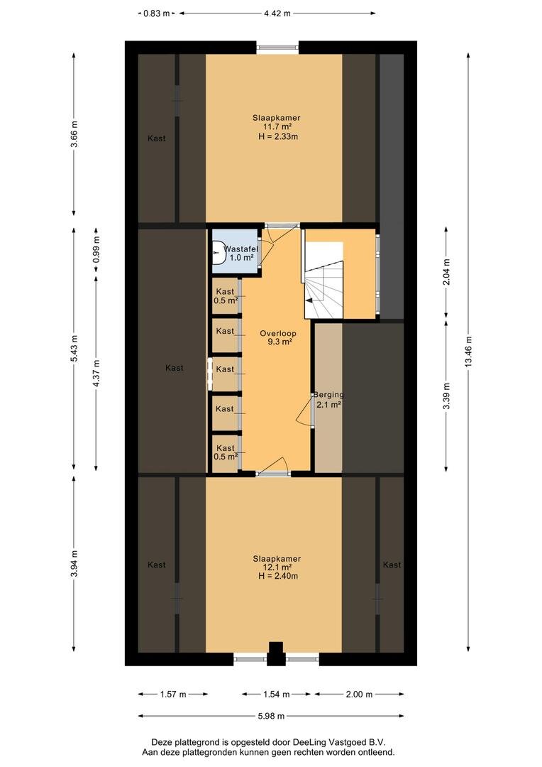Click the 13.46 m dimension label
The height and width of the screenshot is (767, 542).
click(469, 352)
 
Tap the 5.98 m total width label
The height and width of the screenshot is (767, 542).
click(271, 716)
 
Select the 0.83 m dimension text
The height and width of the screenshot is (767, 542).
click(156, 13)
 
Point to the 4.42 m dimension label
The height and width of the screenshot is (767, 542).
click(277, 13)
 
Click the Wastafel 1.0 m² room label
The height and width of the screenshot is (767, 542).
click(240, 254)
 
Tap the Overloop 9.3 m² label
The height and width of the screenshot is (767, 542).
click(278, 338)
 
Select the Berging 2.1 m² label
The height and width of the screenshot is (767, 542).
click(328, 399)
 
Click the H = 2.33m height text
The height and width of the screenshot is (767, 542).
click(277, 136)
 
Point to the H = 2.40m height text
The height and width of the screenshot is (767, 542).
click(277, 576)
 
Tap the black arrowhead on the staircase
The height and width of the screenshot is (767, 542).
click(308, 301)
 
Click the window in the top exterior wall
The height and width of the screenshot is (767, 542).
click(277, 48)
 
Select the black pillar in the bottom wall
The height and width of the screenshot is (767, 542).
click(276, 653)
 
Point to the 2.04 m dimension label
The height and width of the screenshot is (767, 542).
click(446, 271)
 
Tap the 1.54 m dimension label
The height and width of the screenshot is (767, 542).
click(277, 694)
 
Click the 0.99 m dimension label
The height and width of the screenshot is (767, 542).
click(96, 249)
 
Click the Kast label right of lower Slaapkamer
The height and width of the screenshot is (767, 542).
click(392, 565)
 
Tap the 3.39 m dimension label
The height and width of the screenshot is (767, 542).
click(446, 396)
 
